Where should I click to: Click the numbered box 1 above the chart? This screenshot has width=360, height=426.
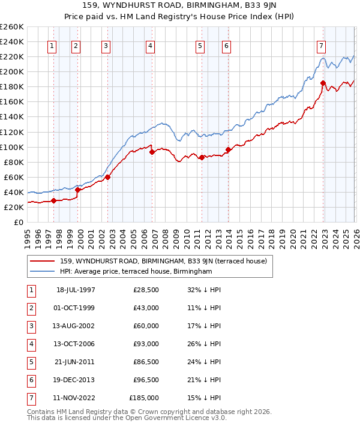coord(52,46)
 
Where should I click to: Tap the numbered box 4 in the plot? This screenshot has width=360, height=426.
coord(150,46)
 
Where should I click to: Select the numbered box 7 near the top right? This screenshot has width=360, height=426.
coord(322,46)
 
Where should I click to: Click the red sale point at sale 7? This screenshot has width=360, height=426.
coord(323,83)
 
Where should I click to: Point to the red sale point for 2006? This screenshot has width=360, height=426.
coord(152,152)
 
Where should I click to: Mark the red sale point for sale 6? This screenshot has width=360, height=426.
coord(228,149)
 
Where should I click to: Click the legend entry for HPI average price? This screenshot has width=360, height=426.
coord(136,272)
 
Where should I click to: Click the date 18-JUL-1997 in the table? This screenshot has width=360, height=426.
coord(76,290)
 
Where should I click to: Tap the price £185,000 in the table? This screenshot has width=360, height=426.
coord(144,398)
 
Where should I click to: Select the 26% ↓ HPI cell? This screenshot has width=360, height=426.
coord(204,344)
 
